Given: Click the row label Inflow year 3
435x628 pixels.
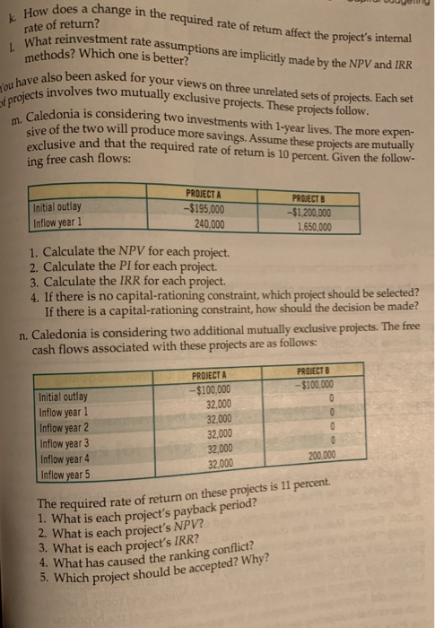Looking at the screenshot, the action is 62,444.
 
